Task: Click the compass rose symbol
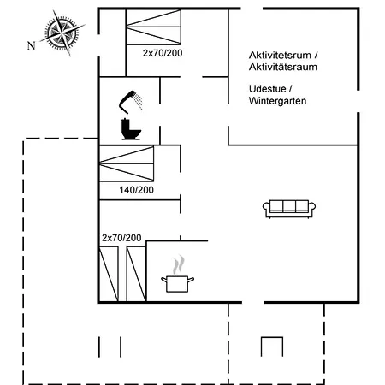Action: click(62, 33)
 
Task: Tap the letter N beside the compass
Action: click(32, 45)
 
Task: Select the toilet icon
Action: click(131, 129)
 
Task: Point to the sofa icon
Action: click(289, 209)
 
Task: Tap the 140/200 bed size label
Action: click(136, 190)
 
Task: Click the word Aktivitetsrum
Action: click(280, 55)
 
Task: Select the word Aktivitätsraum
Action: click(283, 67)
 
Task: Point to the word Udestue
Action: click(267, 89)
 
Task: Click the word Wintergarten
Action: click(277, 101)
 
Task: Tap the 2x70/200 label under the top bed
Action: click(163, 53)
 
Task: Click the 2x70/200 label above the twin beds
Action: click(121, 238)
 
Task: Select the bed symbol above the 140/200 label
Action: click(127, 163)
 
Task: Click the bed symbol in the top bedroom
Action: click(153, 27)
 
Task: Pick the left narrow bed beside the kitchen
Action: click(109, 274)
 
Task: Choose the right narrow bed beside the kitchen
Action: click(136, 274)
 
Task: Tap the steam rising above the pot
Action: click(178, 264)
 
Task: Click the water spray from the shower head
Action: click(139, 101)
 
